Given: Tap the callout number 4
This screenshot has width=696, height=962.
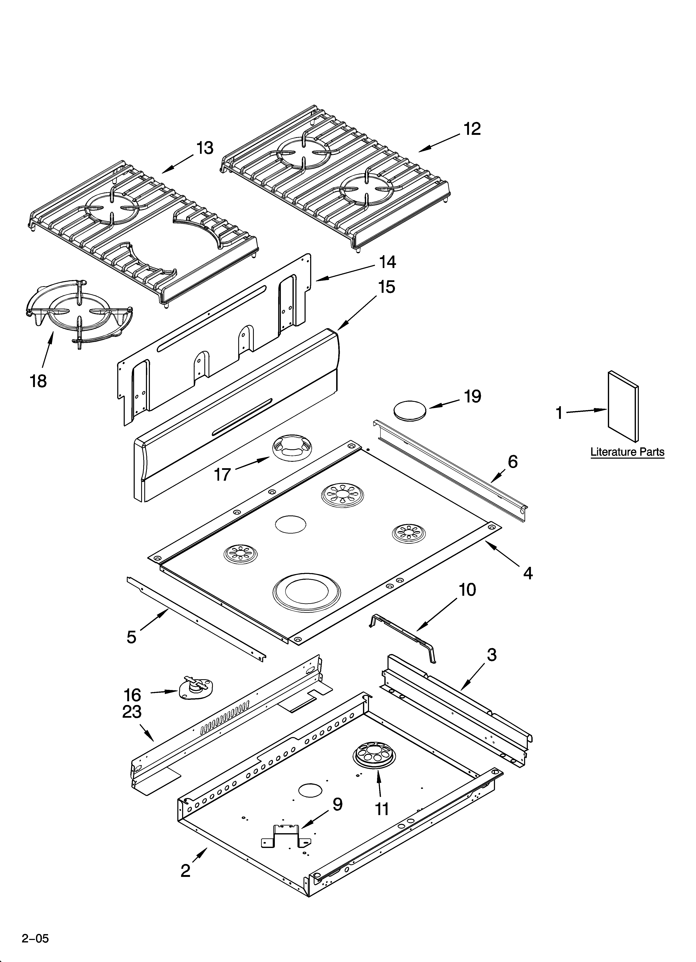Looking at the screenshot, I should pos(528,573).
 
